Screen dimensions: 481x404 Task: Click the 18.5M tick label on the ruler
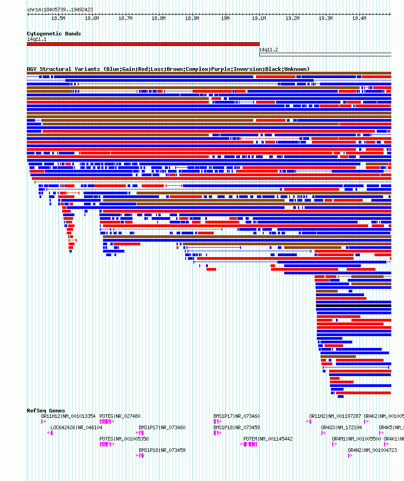click(58, 19)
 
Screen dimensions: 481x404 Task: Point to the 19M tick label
click(225, 19)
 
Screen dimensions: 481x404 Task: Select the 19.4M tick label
click(359, 19)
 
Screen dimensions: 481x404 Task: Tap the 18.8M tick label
click(158, 19)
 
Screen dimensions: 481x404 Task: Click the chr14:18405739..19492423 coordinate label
click(60, 10)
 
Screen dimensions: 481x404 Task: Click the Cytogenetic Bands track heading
click(54, 34)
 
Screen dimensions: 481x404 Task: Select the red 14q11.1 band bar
click(143, 44)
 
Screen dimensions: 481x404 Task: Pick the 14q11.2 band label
click(268, 50)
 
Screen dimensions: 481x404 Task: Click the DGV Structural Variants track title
click(168, 69)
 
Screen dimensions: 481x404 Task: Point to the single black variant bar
click(353, 306)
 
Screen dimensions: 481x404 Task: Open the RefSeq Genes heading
click(46, 411)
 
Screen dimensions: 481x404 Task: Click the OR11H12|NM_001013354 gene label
click(68, 416)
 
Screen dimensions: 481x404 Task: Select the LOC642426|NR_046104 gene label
click(76, 427)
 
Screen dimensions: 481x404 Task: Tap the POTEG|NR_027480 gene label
click(120, 416)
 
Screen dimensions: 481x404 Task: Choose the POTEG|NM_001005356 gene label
click(124, 439)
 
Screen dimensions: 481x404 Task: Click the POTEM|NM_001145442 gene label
click(268, 439)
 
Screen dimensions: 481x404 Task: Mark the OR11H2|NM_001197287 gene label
click(335, 416)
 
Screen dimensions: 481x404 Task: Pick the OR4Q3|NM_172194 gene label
click(341, 427)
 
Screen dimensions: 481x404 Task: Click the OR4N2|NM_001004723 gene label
click(372, 450)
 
